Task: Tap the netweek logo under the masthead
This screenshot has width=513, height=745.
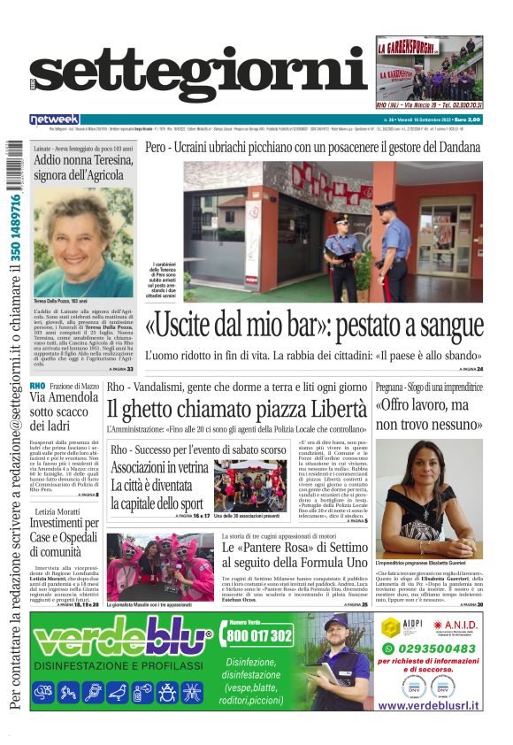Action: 54,119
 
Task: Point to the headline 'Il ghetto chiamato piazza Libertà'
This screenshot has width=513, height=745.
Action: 236,409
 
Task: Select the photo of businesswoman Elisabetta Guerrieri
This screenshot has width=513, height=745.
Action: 429,498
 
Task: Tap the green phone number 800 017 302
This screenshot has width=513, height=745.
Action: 258,635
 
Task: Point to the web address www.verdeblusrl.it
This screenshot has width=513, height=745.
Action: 429,705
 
